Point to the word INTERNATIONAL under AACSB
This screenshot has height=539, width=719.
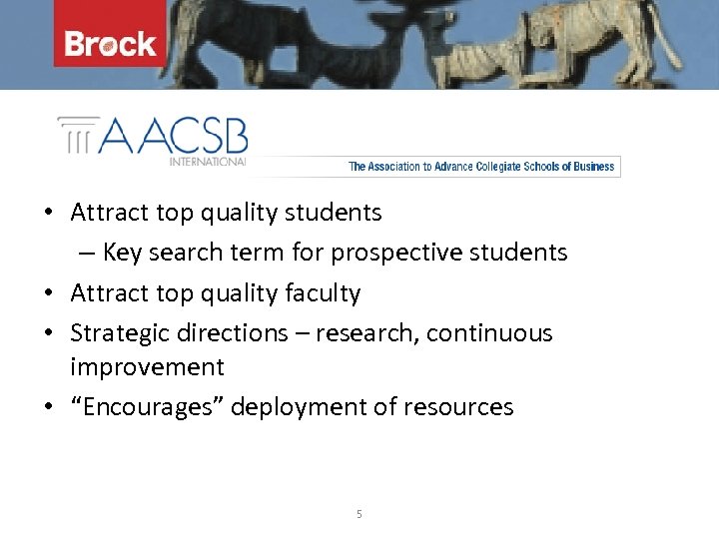(207, 162)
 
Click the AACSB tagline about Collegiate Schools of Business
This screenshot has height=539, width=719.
(481, 167)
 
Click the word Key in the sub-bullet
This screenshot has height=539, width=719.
(122, 253)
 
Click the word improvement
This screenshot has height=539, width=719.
(147, 367)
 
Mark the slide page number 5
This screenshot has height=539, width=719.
(359, 515)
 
